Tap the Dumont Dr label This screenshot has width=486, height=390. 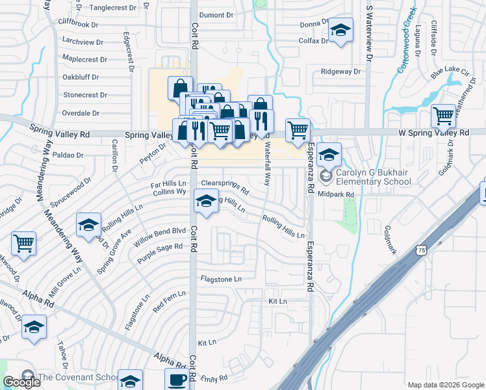(x=216, y=14)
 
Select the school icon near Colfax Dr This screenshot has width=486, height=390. (x=340, y=31)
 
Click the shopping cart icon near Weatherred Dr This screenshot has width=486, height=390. (x=443, y=116)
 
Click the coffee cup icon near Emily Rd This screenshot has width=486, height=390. (x=177, y=380)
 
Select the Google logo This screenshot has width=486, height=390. (x=21, y=382)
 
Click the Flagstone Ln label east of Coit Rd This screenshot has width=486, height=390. (x=221, y=279)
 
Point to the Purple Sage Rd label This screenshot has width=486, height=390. (x=159, y=253)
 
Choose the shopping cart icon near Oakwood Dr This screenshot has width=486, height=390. (x=23, y=244)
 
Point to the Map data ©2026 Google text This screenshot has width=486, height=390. (x=445, y=385)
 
